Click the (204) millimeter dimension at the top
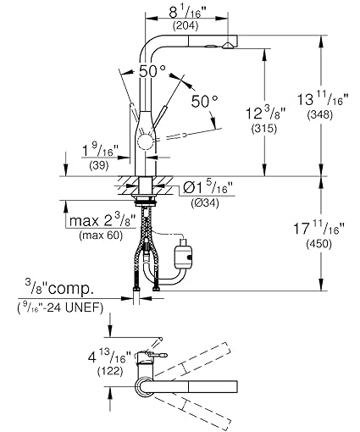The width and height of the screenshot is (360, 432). [186, 27]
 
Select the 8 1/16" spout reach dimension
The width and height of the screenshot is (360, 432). [186, 12]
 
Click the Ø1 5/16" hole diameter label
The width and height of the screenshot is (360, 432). [211, 188]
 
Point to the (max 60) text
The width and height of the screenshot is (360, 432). [99, 235]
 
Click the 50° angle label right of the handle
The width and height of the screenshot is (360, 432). [203, 101]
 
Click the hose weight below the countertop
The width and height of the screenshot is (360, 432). [180, 252]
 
